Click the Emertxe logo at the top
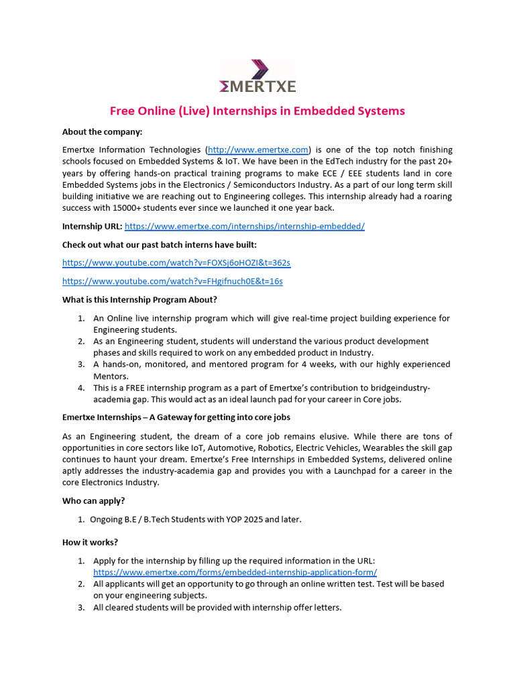(x=257, y=76)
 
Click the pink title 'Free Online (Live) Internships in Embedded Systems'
(x=257, y=111)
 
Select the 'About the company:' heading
(x=102, y=131)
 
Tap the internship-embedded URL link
(x=245, y=227)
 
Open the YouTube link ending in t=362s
(x=176, y=262)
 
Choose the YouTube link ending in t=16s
(x=172, y=281)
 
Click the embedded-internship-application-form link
(x=235, y=572)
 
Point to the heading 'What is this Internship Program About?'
(x=139, y=299)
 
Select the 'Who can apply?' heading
(x=93, y=500)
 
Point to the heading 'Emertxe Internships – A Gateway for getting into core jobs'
(x=176, y=417)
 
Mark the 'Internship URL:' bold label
(x=92, y=227)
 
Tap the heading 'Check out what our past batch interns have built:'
(x=160, y=244)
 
